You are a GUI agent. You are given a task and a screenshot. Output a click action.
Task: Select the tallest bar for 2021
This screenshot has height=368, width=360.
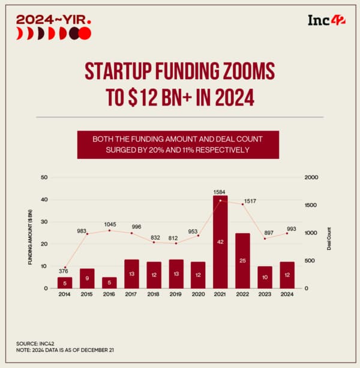coord(220,242)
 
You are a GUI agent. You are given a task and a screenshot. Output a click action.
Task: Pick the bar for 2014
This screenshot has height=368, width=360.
coord(65,282)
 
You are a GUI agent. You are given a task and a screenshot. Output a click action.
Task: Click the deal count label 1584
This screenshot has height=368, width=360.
coord(220,192)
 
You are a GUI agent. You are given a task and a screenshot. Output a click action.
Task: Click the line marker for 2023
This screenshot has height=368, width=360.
coord(265,239)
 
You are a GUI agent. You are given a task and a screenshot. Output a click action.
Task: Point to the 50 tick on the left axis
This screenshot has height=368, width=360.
coord(43,177)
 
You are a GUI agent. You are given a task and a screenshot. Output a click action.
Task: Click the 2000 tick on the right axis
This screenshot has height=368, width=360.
coord(311,177)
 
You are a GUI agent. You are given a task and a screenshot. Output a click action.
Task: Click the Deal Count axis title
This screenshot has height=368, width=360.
coord(329,233)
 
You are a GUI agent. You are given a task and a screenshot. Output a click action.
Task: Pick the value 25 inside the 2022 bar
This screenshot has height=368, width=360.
coord(242,261)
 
